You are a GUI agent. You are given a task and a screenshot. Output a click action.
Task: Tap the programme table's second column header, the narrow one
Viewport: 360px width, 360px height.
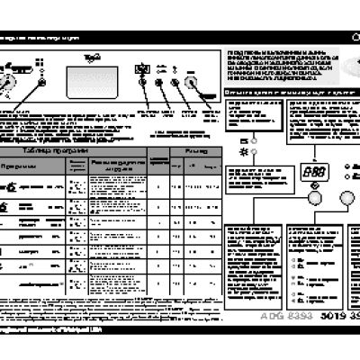pyautogui.click(x=76, y=166)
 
